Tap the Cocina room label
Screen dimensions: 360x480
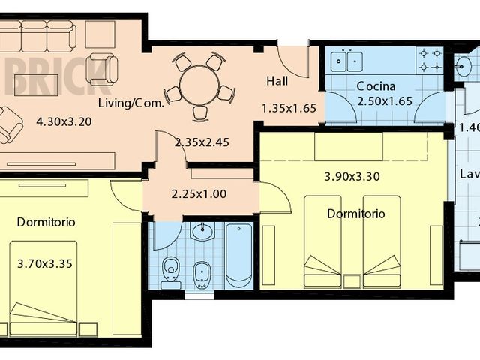380,85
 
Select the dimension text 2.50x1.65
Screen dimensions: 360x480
383,101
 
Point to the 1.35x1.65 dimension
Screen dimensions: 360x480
289,108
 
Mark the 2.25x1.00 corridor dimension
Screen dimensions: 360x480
199,193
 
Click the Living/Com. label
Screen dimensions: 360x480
131,103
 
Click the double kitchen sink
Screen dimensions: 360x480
346,61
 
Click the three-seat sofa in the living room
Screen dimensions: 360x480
36,34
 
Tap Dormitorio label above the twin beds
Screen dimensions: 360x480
356,214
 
